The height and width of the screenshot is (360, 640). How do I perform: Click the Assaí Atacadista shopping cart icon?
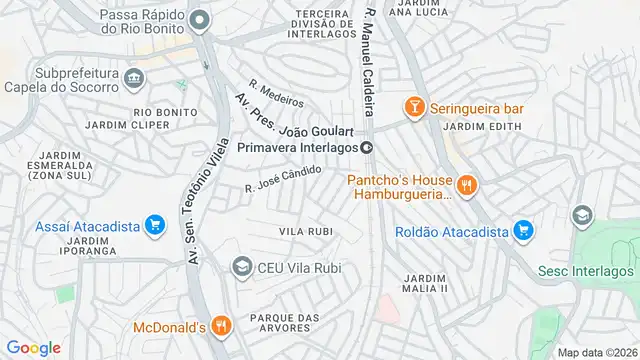pos(154,225)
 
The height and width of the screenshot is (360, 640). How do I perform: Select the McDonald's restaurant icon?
pos(221,325)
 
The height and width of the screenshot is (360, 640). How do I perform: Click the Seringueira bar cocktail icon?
pos(412,107)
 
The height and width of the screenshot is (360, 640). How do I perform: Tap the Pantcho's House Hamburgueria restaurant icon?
pos(465,184)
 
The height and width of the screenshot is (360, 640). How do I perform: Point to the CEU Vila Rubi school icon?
pos(241,266)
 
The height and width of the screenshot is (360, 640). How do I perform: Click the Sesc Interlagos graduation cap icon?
pos(580,216)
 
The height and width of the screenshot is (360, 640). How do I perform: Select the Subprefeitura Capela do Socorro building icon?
pos(134,78)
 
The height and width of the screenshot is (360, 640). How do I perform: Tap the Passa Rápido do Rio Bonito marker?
pos(200,20)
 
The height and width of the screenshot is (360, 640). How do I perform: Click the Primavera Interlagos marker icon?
pos(367,147)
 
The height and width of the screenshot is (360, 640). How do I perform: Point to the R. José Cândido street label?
pos(283,180)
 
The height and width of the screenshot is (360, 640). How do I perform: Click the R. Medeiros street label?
pos(276,93)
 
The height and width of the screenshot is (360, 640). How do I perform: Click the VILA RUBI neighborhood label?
pos(305,232)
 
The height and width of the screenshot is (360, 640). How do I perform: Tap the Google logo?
pos(34,347)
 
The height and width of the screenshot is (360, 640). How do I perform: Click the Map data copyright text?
pos(595,352)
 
